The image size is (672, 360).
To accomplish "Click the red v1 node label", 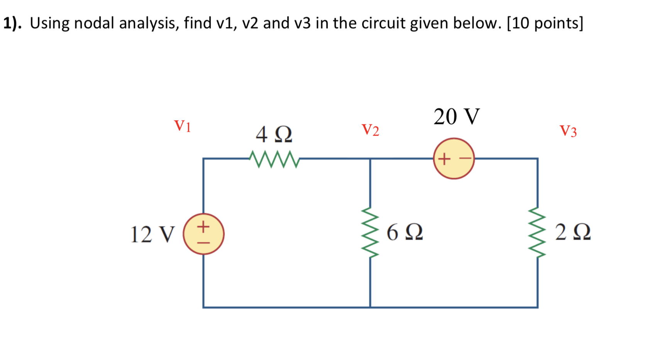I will (x=183, y=126).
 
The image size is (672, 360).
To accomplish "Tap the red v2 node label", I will (x=370, y=130).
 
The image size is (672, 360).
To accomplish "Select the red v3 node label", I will (x=568, y=131).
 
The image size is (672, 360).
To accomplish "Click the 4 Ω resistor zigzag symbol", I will (x=274, y=159).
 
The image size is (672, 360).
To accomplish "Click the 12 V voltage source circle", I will (x=203, y=234).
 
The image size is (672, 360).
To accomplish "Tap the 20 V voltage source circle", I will (x=454, y=158).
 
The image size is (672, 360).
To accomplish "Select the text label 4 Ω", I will (x=274, y=135).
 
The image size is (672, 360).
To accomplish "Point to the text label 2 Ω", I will (x=573, y=233).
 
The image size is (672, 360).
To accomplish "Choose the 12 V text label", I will (x=152, y=234).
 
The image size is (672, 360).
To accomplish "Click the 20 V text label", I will (x=457, y=117).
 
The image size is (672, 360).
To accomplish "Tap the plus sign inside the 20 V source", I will (x=444, y=158).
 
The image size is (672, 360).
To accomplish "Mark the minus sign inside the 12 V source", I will (x=203, y=243).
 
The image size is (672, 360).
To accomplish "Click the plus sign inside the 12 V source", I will (x=203, y=226).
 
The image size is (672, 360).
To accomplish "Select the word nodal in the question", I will (x=94, y=24).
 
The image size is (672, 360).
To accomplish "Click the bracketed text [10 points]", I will (x=545, y=24).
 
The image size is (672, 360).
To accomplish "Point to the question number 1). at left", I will (x=12, y=24).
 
